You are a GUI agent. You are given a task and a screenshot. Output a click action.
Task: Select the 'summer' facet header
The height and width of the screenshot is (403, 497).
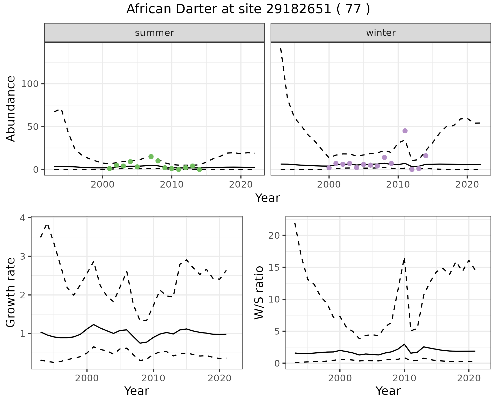(x=155, y=33)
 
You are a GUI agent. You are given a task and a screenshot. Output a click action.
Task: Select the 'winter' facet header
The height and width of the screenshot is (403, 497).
(x=381, y=33)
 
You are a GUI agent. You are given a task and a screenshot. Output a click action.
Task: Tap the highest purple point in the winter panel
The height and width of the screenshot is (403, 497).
(x=405, y=131)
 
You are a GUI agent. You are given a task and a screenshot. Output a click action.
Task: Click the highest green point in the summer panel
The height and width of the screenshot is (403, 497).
(x=151, y=157)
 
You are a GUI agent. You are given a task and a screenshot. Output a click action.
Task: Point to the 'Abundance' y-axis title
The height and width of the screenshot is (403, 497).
(x=11, y=109)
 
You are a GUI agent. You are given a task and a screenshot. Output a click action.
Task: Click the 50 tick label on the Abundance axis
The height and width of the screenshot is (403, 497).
(x=33, y=127)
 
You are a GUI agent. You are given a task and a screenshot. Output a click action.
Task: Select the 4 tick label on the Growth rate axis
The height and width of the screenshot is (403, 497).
(x=23, y=218)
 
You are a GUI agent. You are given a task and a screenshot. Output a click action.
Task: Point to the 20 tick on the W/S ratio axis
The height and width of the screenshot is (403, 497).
(x=274, y=235)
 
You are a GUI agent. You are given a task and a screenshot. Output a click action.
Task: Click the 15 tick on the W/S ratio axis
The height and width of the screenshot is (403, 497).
(x=274, y=267)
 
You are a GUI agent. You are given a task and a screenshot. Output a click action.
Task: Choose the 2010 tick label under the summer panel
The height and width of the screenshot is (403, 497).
(x=172, y=185)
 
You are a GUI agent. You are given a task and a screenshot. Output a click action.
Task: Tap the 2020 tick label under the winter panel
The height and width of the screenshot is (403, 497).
(x=467, y=185)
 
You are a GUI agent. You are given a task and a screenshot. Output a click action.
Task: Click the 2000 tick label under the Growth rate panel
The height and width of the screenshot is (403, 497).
(x=87, y=378)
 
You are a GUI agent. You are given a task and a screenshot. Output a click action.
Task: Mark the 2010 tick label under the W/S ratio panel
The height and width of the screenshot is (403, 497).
(x=404, y=378)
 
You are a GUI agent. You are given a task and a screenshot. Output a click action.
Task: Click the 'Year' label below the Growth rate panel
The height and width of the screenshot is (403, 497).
(x=137, y=391)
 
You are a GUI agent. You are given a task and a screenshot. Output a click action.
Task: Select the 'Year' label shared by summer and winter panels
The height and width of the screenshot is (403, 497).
(x=268, y=198)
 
